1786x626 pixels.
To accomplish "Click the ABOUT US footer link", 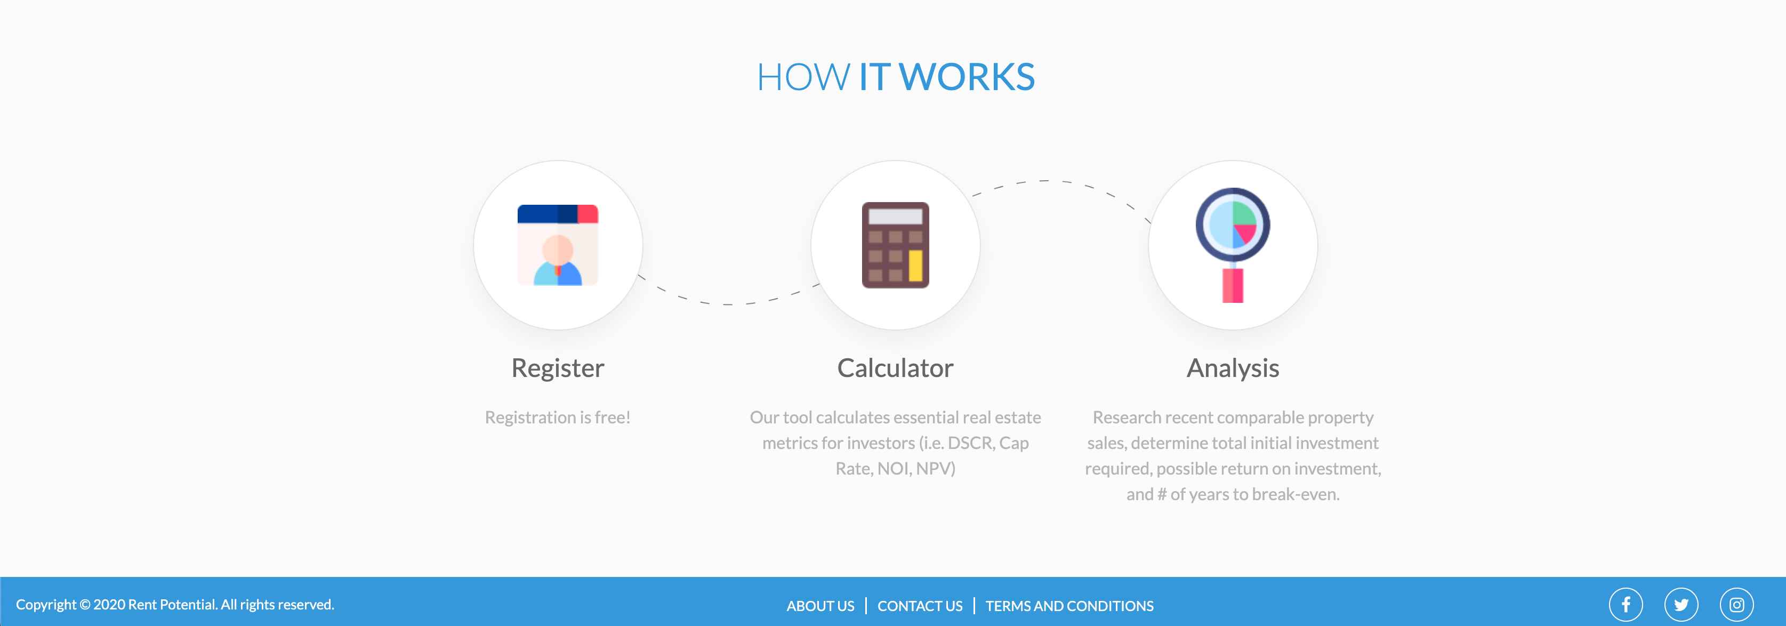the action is click(x=820, y=605).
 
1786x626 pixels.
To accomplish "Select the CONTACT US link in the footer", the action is click(x=920, y=605).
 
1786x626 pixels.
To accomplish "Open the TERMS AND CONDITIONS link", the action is click(x=1069, y=605).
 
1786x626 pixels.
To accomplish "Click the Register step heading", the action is click(x=558, y=368).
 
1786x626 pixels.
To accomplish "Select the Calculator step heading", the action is click(x=895, y=368).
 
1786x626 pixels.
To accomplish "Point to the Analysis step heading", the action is click(x=1233, y=368).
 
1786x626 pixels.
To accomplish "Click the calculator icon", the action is click(x=895, y=245).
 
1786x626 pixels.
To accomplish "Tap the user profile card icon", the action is click(x=558, y=245).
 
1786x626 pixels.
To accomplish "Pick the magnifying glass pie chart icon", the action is click(x=1233, y=245).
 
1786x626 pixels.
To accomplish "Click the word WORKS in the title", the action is click(x=967, y=76).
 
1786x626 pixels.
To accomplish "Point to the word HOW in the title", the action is click(x=803, y=76).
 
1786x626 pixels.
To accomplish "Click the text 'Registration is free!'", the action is click(x=558, y=418).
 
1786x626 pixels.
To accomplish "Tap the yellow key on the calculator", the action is click(x=915, y=266).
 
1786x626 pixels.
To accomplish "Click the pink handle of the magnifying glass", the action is click(x=1233, y=286).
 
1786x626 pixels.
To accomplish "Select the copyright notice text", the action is click(x=175, y=605).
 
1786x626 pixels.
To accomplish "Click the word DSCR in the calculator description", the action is click(x=969, y=443).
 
